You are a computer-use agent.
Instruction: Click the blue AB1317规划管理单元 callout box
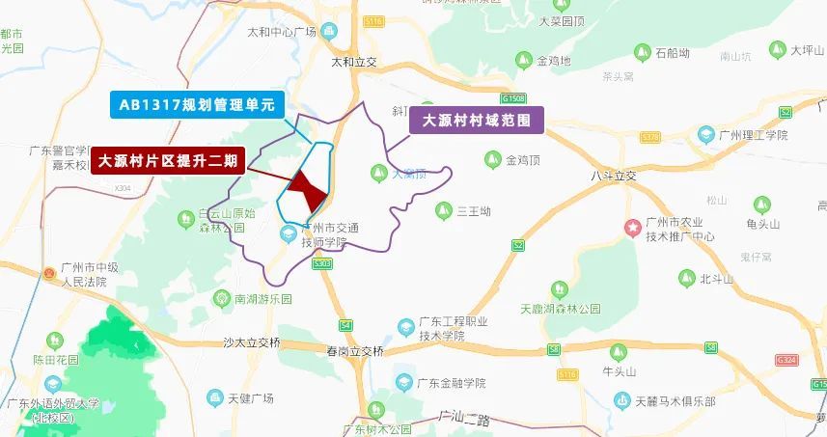point(196,104)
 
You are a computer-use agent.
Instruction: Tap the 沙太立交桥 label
point(251,341)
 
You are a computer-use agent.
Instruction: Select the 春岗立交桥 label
point(354,350)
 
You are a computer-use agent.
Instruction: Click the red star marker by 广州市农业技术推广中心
point(634,229)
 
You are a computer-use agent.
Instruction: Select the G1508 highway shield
point(513,98)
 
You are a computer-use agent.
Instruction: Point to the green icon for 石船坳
point(641,52)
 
